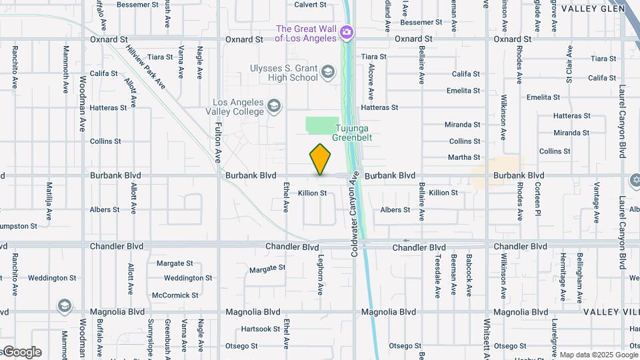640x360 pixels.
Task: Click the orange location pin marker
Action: pyautogui.click(x=321, y=159)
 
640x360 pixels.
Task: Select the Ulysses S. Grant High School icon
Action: pyautogui.click(x=328, y=72)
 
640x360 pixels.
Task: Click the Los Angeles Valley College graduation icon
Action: pyautogui.click(x=273, y=106)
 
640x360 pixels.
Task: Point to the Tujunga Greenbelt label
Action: pyautogui.click(x=353, y=133)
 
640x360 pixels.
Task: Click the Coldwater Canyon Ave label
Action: pyautogui.click(x=355, y=213)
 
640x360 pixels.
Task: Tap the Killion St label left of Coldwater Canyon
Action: pyautogui.click(x=313, y=193)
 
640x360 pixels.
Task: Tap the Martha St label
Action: pyautogui.click(x=465, y=158)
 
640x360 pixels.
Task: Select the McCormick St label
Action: pyautogui.click(x=175, y=295)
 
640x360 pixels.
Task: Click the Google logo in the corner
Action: pyautogui.click(x=21, y=352)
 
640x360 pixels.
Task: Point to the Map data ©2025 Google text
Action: pyautogui.click(x=598, y=355)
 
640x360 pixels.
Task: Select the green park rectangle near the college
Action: pyautogui.click(x=322, y=125)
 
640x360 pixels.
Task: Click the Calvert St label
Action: pyautogui.click(x=310, y=4)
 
